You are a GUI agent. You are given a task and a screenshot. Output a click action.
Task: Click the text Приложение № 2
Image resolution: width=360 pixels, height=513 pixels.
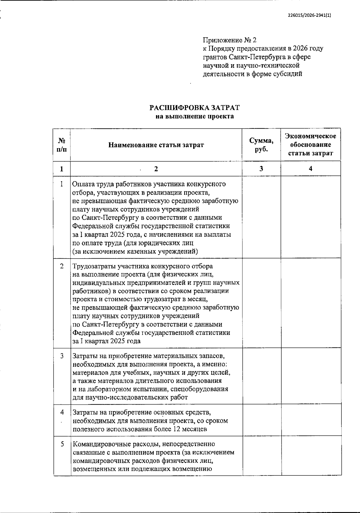pos(230,40)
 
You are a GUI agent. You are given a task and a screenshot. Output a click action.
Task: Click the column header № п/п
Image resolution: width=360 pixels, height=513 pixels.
pos(62,145)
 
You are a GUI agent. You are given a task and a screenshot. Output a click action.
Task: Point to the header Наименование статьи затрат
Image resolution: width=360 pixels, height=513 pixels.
pos(156,145)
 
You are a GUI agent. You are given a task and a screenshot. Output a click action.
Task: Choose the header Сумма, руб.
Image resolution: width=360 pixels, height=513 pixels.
pos(261,145)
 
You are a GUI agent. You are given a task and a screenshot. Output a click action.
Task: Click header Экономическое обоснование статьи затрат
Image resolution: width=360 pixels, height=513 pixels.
pos(310,145)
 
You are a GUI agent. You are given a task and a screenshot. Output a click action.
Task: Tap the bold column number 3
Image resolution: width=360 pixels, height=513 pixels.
pos(261,169)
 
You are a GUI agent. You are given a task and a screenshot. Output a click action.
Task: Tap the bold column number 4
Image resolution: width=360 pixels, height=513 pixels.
pos(310,169)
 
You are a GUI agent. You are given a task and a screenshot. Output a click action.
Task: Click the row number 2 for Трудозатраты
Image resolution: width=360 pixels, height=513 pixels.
pos(62,266)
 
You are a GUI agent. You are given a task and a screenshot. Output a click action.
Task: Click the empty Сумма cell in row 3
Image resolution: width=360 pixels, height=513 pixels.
pos(261,376)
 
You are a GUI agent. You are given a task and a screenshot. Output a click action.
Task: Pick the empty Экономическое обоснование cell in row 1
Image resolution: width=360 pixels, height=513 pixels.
pos(310,217)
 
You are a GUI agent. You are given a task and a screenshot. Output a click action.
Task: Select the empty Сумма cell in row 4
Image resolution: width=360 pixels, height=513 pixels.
pos(261,420)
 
